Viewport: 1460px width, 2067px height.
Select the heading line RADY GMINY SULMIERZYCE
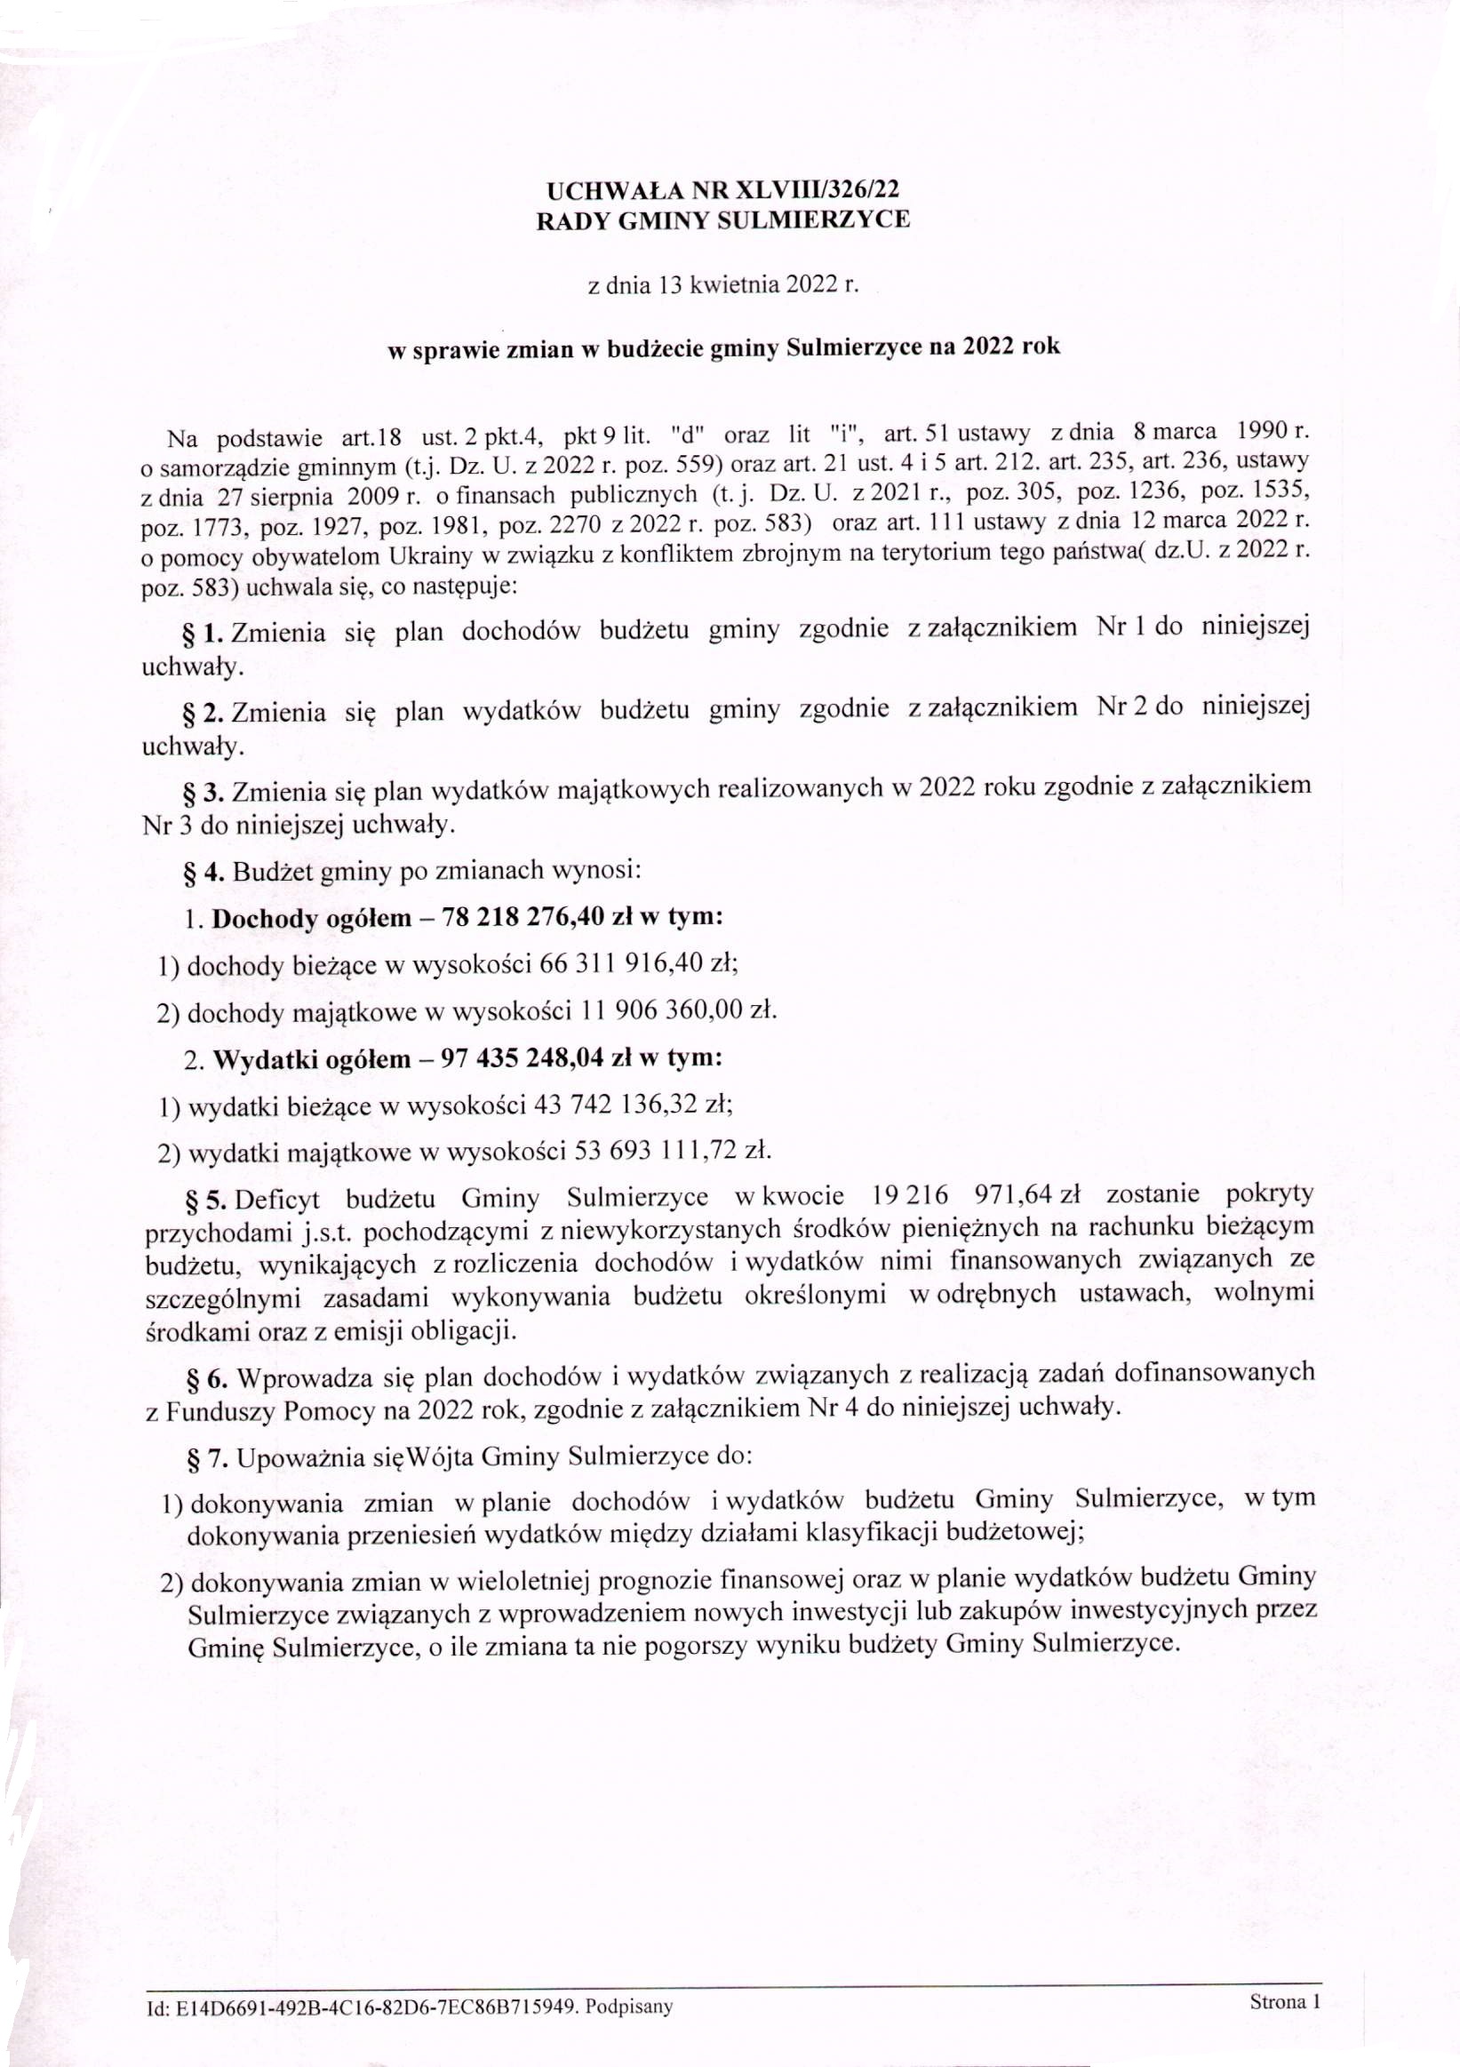(722, 220)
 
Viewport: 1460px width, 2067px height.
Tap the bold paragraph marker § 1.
(203, 632)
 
